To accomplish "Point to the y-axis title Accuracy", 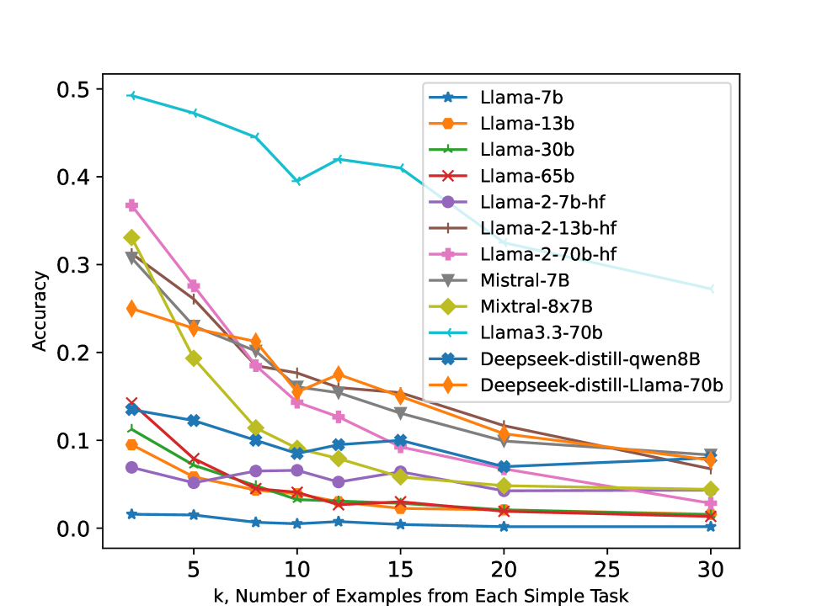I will click(x=40, y=310).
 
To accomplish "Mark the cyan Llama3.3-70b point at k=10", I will click(x=297, y=181).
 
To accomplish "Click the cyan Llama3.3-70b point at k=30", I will click(x=711, y=289).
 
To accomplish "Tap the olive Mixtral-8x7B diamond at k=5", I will click(x=194, y=358).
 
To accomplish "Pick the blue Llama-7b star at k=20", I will click(x=504, y=527).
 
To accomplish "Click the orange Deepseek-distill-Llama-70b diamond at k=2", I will click(x=132, y=309).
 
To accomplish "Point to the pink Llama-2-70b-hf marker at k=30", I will click(x=711, y=503).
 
